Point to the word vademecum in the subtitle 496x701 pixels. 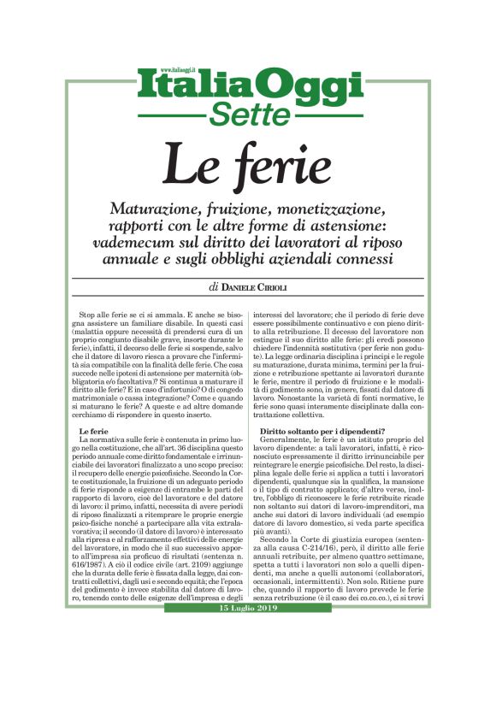click(140, 243)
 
